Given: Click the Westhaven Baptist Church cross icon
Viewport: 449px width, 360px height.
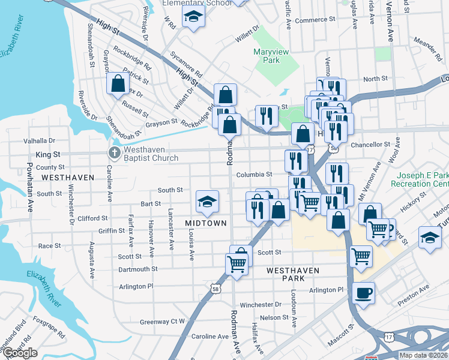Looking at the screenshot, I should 113,152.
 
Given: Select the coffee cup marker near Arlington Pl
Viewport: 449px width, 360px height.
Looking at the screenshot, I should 363,294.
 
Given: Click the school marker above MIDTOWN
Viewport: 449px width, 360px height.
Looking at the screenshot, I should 207,202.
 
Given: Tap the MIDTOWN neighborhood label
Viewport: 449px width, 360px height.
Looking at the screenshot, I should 205,223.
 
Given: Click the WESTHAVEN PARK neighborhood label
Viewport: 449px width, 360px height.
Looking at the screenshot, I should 293,271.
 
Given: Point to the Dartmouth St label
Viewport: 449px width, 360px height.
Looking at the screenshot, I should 137,269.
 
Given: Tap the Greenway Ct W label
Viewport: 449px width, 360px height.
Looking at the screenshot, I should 162,322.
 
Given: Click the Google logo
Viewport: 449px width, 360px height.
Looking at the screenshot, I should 20,353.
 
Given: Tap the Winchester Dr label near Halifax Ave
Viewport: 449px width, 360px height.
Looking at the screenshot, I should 261,305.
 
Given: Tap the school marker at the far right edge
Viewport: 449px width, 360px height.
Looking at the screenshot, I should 430,238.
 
